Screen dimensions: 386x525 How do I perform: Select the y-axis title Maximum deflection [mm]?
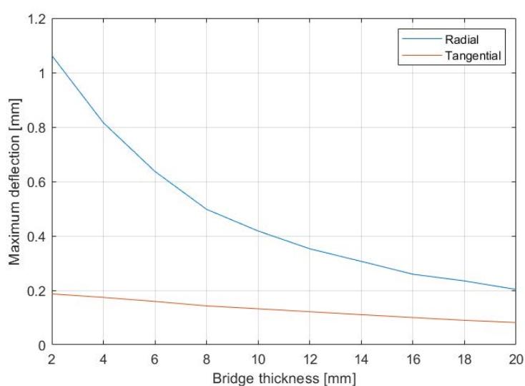(14, 182)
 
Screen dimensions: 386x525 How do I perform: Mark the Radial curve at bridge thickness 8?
(206, 209)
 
